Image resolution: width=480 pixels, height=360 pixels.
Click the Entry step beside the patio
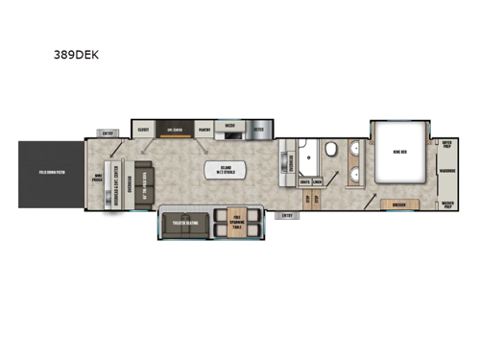[108, 133]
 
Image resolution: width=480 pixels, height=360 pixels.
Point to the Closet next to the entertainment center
[143, 128]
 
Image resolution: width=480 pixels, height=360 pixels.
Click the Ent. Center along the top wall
[175, 128]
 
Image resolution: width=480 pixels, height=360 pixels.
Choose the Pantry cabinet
[204, 128]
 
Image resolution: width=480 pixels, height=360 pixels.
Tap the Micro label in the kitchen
[231, 125]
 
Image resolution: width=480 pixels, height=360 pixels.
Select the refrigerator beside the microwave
[259, 128]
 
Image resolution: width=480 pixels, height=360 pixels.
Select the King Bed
[396, 151]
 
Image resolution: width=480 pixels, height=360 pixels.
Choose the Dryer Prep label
[446, 143]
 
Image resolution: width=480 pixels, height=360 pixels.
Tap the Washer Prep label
[446, 204]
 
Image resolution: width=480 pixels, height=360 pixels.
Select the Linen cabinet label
[317, 180]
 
